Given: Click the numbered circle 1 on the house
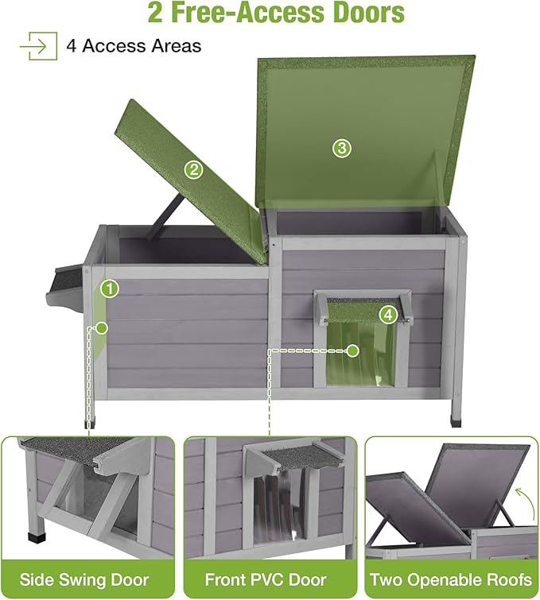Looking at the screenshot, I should (110, 288).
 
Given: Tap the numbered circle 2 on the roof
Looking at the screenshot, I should (193, 168).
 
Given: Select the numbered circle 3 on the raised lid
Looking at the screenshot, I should (341, 148).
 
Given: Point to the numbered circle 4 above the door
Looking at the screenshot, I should (387, 314).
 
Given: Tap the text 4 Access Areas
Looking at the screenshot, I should (134, 46).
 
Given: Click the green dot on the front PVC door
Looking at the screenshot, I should (353, 350).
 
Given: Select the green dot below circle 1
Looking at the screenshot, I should (103, 327).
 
